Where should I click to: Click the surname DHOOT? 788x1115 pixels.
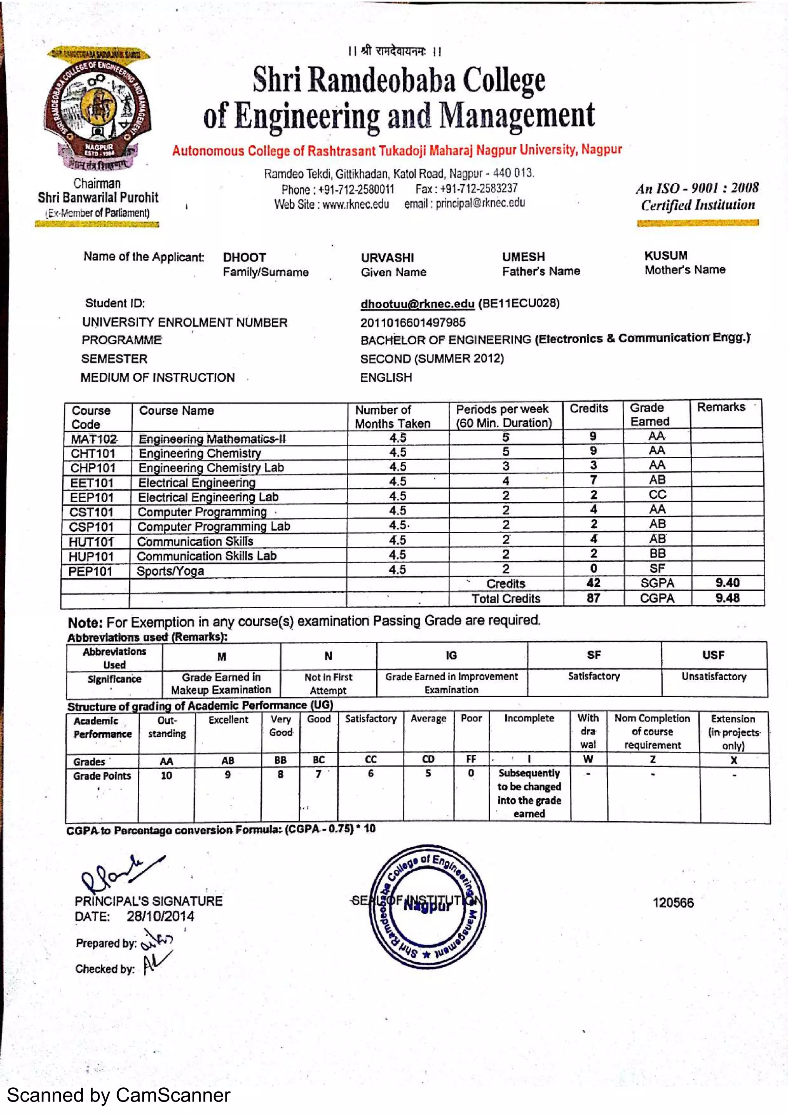[x=244, y=257]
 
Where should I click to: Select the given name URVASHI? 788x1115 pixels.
[x=387, y=257]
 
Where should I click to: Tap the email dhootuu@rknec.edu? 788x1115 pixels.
[x=417, y=304]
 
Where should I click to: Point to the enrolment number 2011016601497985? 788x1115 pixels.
[x=413, y=322]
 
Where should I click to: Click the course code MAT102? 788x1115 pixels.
[x=94, y=439]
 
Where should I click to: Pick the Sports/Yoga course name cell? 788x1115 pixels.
[x=170, y=571]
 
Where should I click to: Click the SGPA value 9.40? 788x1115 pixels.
[x=727, y=583]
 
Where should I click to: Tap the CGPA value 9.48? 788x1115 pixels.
[x=727, y=598]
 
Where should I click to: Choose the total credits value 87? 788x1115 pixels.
[x=593, y=598]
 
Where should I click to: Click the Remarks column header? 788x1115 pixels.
[x=721, y=407]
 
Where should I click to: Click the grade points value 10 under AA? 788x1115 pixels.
[x=166, y=776]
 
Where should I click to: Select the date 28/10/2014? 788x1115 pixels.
[x=160, y=916]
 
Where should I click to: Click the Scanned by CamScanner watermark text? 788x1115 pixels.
[x=119, y=1096]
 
